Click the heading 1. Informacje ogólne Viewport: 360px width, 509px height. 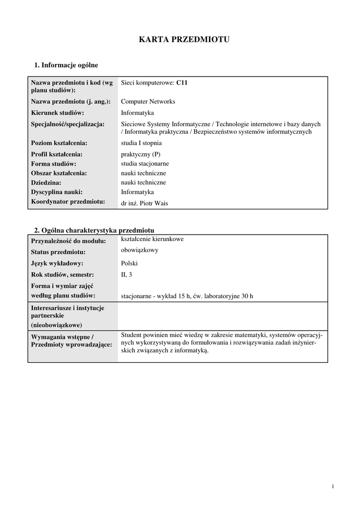tap(66, 65)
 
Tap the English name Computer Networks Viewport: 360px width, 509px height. tap(148, 101)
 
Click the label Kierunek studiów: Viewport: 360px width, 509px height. tap(57, 113)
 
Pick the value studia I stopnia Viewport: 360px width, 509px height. tap(141, 143)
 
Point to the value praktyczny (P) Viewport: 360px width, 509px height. tap(141, 154)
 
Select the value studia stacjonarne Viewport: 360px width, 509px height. tap(145, 164)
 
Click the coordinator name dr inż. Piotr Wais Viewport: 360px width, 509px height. tap(145, 203)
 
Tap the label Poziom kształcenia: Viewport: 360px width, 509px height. tap(59, 143)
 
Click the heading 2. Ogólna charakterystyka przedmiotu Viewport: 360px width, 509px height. tap(94, 230)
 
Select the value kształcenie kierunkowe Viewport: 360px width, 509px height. tap(152, 239)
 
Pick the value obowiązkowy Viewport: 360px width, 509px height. tap(140, 250)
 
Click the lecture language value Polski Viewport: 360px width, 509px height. tap(129, 263)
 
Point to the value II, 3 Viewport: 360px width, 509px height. tap(127, 274)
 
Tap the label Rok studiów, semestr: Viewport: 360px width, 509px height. tap(62, 274)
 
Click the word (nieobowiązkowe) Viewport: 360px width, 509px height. tap(57, 325)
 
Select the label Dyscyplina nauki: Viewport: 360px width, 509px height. tap(57, 192)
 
